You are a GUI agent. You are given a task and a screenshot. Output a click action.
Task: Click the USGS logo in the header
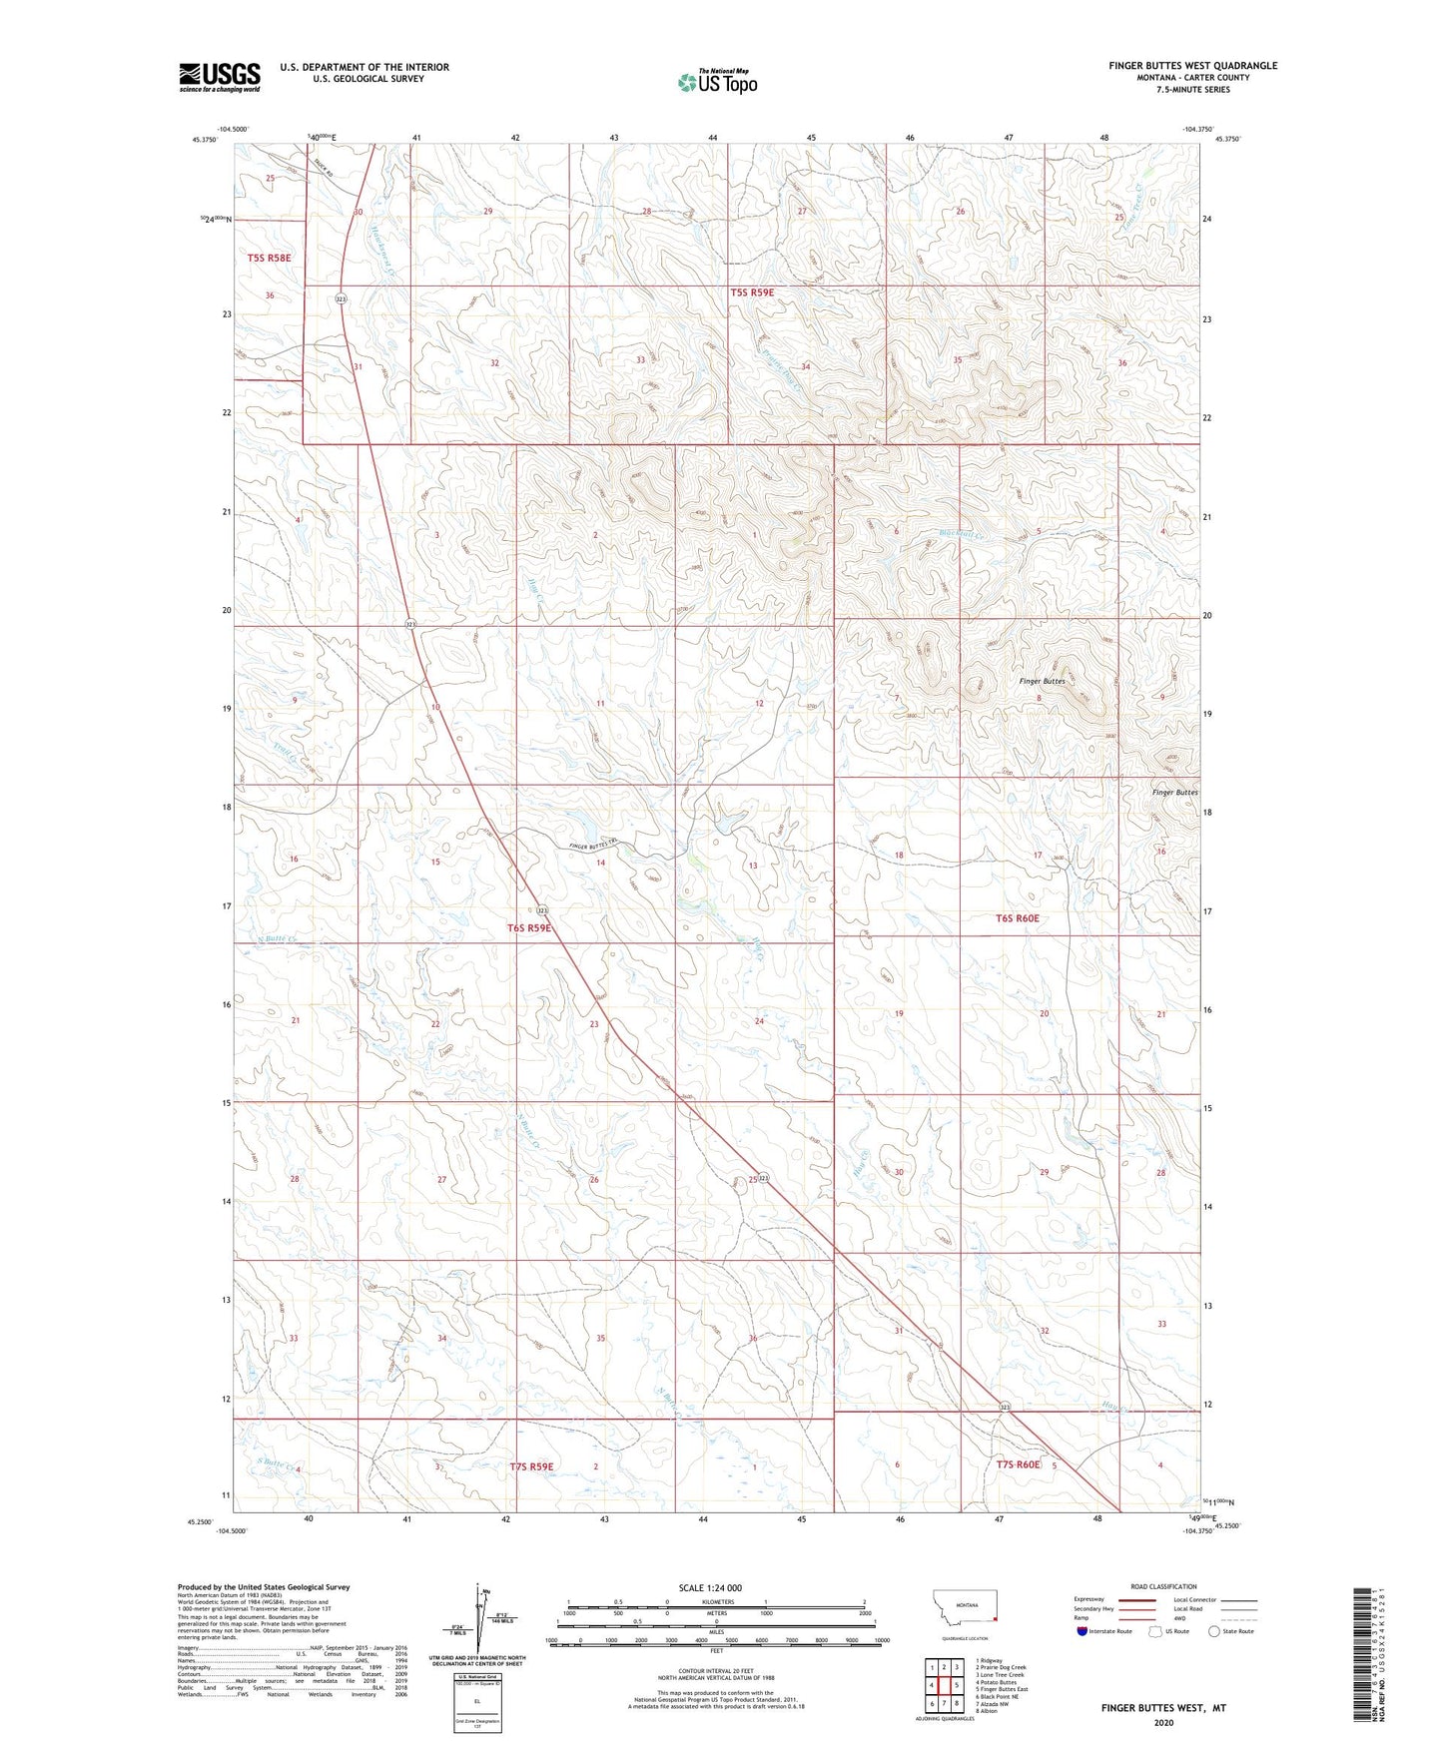tap(219, 77)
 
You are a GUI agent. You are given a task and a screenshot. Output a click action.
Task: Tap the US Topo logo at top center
tap(716, 82)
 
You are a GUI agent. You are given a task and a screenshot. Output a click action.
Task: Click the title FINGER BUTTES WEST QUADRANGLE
tap(1192, 66)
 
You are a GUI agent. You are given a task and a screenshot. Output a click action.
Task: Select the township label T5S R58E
tap(270, 258)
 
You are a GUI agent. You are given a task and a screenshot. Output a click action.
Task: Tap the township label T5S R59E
tap(752, 292)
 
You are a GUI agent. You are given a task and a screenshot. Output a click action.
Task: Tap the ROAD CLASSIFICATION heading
tap(1163, 1586)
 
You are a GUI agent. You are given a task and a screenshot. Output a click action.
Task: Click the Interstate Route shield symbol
tap(1082, 1631)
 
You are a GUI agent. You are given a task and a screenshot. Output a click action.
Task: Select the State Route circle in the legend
tap(1214, 1631)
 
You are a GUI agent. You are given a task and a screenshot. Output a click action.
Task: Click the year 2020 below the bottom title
tap(1163, 1723)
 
